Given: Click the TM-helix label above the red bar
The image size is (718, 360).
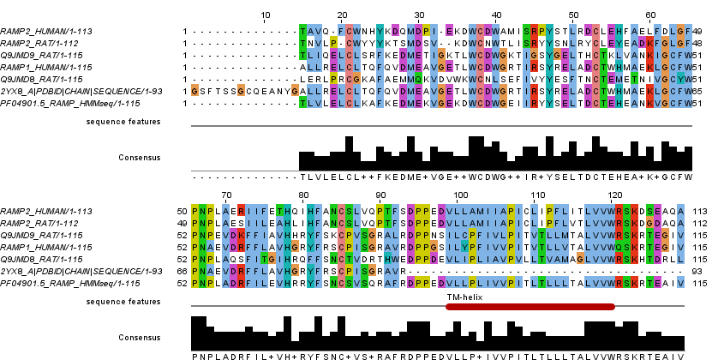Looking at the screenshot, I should point(461,295).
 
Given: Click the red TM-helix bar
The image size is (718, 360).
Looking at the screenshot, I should point(530,305).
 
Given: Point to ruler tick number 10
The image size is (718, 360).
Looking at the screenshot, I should point(265,15).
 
